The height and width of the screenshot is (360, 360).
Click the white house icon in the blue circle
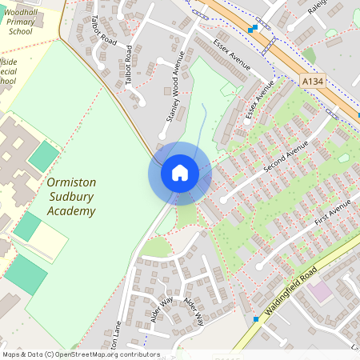pos(179,173)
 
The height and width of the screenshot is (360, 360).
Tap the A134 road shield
pos(312,82)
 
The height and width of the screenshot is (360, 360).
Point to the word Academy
pos(71,211)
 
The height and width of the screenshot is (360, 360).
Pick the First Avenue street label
pos(332,212)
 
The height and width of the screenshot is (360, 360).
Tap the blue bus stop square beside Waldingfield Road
pos(256,318)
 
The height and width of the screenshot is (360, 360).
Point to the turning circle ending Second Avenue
pos(224,197)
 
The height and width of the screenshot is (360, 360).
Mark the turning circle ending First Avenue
pos(260,264)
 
